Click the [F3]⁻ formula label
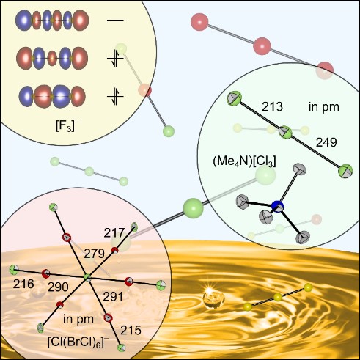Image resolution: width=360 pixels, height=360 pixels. (67, 127)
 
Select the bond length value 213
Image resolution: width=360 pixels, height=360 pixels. (272, 106)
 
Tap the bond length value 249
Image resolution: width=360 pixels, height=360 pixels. (326, 142)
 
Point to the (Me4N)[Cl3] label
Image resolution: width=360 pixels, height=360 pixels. (244, 161)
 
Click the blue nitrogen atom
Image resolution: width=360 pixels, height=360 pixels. (278, 207)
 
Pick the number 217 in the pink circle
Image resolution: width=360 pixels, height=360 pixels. (114, 233)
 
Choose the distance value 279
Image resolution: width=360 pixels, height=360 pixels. (94, 254)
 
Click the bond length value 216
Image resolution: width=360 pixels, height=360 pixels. (23, 284)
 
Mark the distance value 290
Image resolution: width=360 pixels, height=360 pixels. (58, 287)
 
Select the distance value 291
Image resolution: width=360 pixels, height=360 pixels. (113, 297)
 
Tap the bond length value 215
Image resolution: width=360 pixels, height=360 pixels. (131, 331)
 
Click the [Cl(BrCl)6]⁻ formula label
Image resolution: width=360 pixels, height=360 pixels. (78, 342)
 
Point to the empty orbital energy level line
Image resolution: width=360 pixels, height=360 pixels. (115, 20)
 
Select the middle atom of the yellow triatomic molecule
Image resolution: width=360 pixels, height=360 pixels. (278, 298)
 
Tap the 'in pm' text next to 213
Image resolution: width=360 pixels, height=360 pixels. (324, 107)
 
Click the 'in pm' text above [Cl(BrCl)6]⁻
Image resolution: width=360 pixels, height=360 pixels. (78, 319)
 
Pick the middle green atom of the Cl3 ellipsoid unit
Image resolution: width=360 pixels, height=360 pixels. (286, 132)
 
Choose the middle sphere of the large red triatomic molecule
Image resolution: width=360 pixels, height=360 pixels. (262, 46)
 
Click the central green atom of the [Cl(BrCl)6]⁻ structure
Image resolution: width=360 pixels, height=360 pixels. (87, 278)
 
